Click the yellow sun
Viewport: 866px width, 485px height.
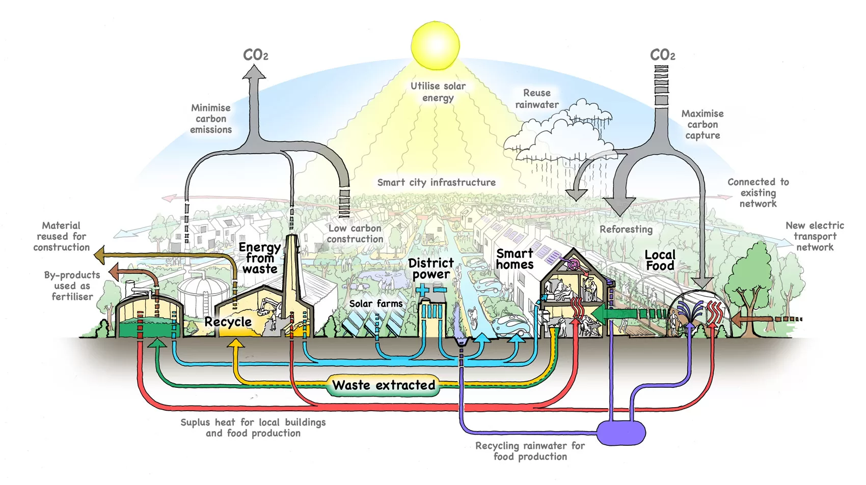pyautogui.click(x=435, y=45)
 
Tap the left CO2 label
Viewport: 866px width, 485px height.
pyautogui.click(x=255, y=55)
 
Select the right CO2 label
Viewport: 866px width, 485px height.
pyautogui.click(x=662, y=55)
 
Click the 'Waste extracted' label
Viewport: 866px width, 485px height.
pyautogui.click(x=384, y=385)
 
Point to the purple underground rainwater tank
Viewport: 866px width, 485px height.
pyautogui.click(x=621, y=433)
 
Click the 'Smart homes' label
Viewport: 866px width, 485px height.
pyautogui.click(x=515, y=259)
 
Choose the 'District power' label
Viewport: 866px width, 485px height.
pyautogui.click(x=431, y=269)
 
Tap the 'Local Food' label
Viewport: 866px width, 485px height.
pyautogui.click(x=660, y=260)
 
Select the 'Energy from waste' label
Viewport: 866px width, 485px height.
pyautogui.click(x=260, y=258)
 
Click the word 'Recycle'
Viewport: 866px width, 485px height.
pyautogui.click(x=228, y=322)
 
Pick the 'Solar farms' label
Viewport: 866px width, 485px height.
pyautogui.click(x=375, y=304)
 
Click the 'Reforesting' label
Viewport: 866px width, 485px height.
pyautogui.click(x=626, y=230)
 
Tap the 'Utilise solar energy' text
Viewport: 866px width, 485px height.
pyautogui.click(x=438, y=92)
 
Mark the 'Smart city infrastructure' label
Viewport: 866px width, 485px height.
pyautogui.click(x=436, y=182)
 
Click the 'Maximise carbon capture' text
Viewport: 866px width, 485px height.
pyautogui.click(x=702, y=124)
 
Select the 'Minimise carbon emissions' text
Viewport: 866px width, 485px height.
pyautogui.click(x=211, y=119)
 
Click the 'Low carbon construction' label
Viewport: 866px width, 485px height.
pyautogui.click(x=355, y=234)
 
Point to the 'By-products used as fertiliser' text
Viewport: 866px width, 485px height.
pyautogui.click(x=72, y=286)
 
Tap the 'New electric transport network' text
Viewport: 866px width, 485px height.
pyautogui.click(x=815, y=236)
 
